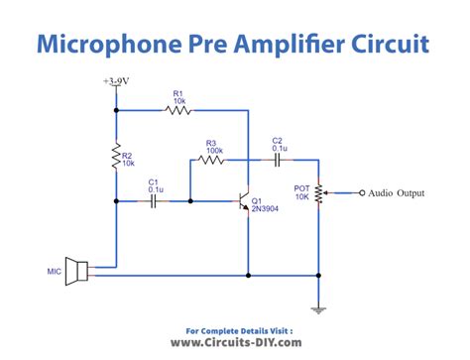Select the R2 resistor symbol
pos(118,156)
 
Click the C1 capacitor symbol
pos(154,201)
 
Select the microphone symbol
pos(78,271)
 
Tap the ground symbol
pos(319,308)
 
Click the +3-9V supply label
pos(117,80)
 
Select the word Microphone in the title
pos(109,44)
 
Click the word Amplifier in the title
pos(288,44)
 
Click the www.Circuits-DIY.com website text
pos(235,341)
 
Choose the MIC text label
pos(54,271)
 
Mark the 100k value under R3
pos(213,151)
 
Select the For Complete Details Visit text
pos(239,328)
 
